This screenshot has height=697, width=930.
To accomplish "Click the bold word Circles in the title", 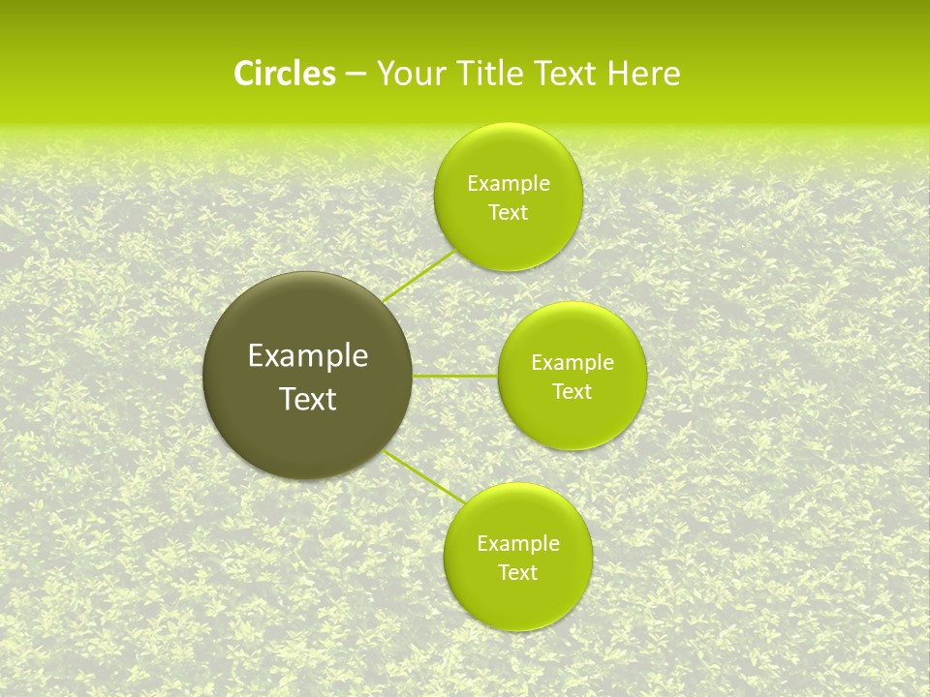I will (284, 74).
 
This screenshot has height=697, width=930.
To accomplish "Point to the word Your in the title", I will (409, 74).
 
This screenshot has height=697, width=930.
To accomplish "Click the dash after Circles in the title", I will (356, 75).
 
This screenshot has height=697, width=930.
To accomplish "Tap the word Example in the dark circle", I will (308, 356).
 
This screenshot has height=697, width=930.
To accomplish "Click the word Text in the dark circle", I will (308, 399).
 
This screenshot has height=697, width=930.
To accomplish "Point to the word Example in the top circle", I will (509, 184).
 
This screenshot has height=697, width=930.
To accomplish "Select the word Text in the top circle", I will (508, 213).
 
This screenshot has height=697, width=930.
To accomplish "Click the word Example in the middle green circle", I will (573, 363).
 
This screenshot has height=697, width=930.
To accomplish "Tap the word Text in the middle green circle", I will (572, 392).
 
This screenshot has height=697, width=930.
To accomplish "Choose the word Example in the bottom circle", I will (518, 544).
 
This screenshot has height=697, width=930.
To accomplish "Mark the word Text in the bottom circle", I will (517, 573).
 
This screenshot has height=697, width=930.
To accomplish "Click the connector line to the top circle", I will (419, 275).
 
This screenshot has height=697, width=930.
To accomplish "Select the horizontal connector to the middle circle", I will (455, 376).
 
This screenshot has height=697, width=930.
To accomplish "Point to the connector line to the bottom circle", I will (424, 476).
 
